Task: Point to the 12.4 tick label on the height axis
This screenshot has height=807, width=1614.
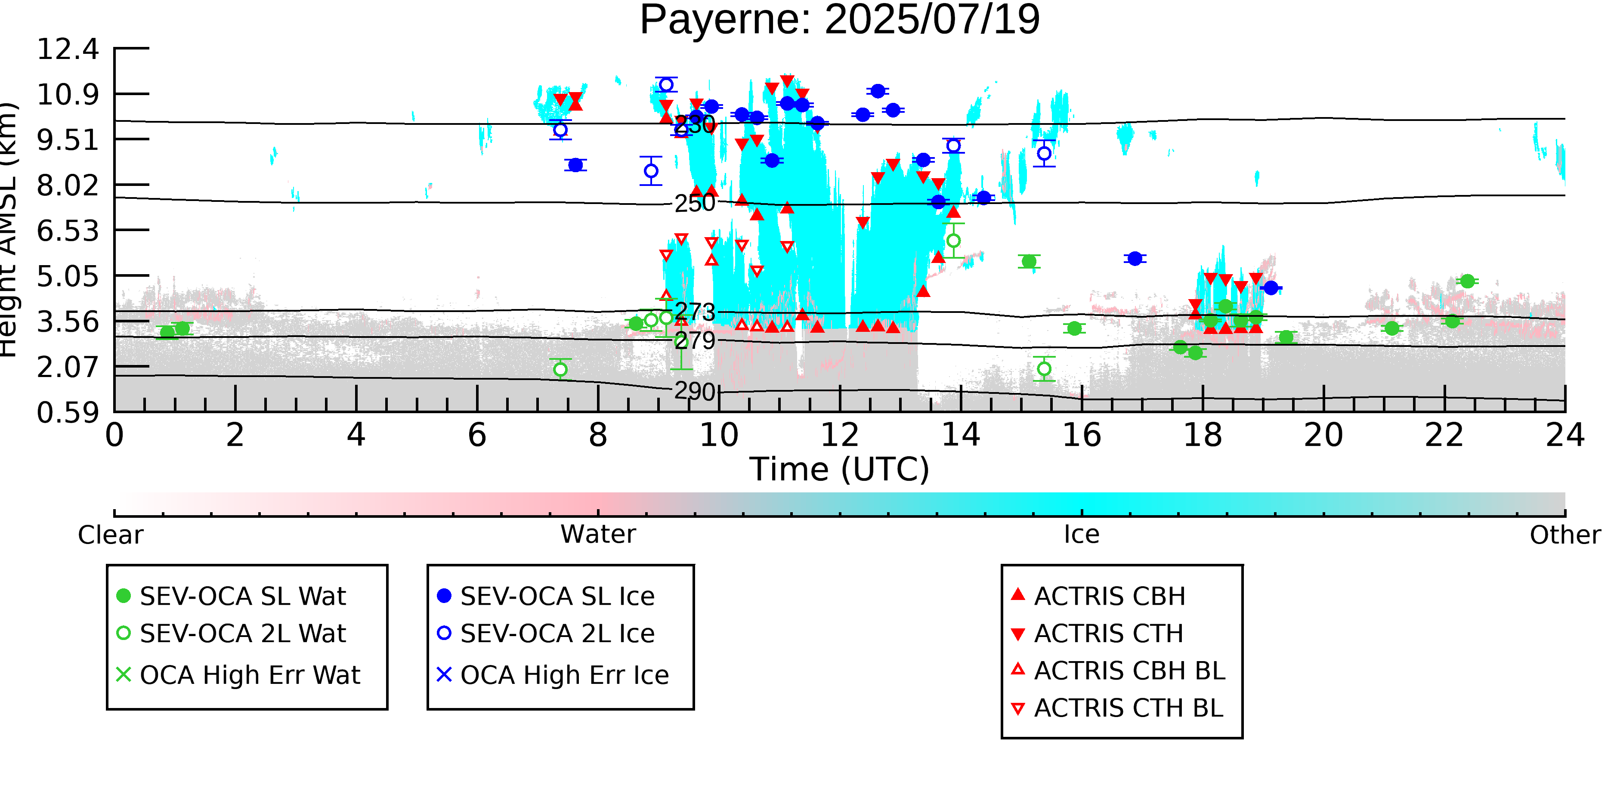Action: [x=68, y=49]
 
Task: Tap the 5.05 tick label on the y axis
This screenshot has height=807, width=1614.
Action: [x=68, y=276]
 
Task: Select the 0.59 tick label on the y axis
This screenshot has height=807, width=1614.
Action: [x=68, y=413]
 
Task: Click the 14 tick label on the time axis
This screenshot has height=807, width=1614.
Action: [x=961, y=436]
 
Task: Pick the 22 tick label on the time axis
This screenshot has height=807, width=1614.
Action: [x=1444, y=436]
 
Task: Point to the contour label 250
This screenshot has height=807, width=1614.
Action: [x=694, y=204]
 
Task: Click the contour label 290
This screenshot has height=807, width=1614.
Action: [x=694, y=392]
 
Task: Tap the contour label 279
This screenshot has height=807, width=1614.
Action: [x=694, y=341]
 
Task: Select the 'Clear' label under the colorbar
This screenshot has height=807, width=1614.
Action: [x=110, y=535]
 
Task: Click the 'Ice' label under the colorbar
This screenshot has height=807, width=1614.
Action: [x=1082, y=535]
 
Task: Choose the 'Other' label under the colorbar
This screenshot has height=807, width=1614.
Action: [x=1565, y=535]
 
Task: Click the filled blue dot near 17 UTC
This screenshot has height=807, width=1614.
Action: [x=1135, y=258]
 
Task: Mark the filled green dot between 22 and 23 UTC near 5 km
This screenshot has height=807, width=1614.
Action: [x=1467, y=281]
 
